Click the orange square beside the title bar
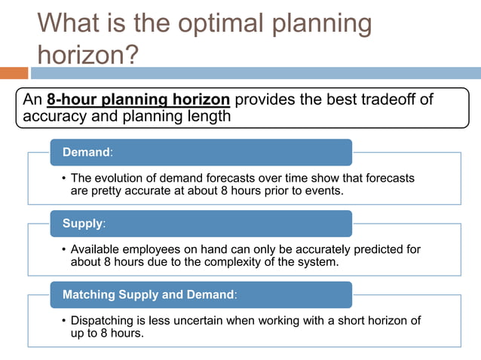pos(14,73)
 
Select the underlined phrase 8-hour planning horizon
pos(138,99)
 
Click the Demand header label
pos(87,152)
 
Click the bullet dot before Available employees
pos(63,249)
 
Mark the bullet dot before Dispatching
pos(63,321)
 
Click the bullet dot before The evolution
pos(63,178)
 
